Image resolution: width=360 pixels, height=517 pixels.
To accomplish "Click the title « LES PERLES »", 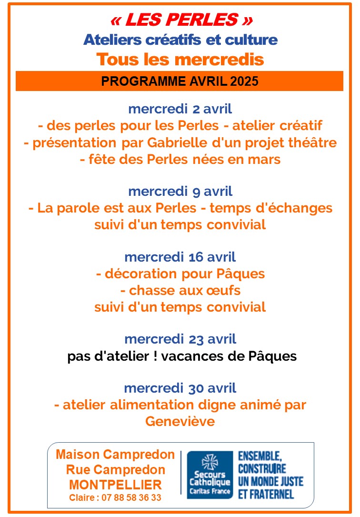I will coord(180,20).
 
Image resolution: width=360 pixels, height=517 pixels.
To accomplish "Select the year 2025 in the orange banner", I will coord(244,81).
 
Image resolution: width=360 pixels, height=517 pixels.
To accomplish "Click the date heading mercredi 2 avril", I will coord(180,109).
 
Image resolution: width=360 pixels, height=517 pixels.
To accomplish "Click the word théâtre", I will coord(312,143).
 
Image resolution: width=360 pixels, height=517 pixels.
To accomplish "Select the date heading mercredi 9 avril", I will coord(180,192).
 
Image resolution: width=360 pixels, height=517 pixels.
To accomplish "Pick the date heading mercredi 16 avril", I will coord(180,257).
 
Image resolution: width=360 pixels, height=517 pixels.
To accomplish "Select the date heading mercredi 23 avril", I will coord(180,339).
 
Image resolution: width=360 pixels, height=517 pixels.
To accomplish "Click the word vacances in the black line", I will coord(219,356).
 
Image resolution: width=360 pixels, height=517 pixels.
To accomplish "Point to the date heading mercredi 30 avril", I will coord(180,388).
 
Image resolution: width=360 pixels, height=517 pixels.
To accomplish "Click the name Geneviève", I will coord(180,422).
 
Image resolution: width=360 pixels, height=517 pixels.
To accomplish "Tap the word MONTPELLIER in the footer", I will coord(115,485).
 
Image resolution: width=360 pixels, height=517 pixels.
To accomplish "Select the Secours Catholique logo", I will coord(210,475).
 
